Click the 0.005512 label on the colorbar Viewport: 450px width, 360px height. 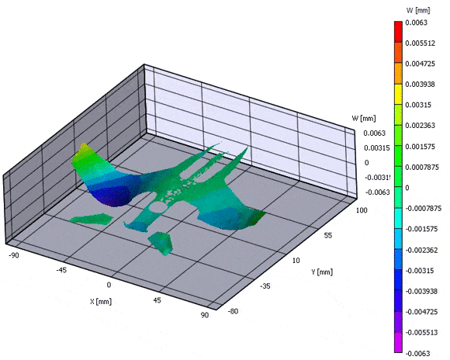tap(421, 43)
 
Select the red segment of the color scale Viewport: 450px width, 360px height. tap(398, 32)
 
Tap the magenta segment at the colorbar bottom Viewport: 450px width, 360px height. tap(398, 342)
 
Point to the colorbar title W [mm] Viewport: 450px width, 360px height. tap(418, 10)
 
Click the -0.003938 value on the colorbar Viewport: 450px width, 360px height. tap(421, 292)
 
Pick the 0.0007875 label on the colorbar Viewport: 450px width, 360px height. tap(422, 167)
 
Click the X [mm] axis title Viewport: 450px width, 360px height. tap(100, 302)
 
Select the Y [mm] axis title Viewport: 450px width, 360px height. tap(322, 272)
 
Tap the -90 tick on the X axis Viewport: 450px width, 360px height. tap(14, 255)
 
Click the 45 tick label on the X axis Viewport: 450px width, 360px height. tap(157, 300)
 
